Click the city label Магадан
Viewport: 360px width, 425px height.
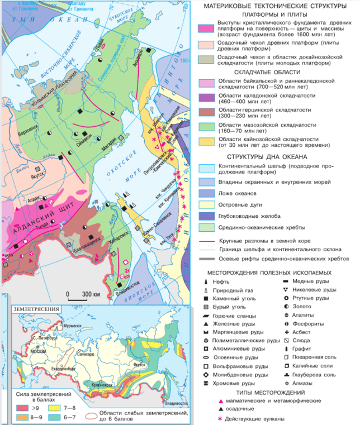[108, 146]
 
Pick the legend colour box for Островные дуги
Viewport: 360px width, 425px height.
[207, 204]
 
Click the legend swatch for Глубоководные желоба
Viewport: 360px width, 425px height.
[207, 216]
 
